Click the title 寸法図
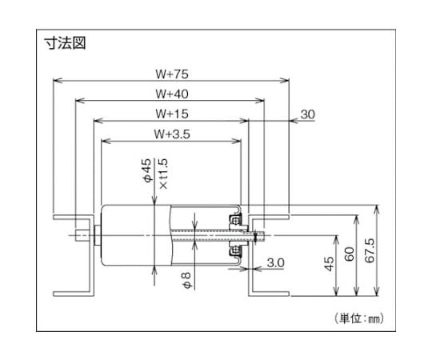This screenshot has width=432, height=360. pos(66,43)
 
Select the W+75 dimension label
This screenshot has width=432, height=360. pos(172,74)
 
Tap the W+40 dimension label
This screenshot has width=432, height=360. pos(172,94)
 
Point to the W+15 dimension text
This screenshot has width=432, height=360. pos(172,114)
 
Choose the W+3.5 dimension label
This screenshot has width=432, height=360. pos(172,134)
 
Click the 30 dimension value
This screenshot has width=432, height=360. pos(307,114)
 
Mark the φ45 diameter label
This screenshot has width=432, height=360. pos(147,170)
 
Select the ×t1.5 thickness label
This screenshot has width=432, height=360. pos(163,174)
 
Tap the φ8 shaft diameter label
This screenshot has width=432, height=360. pos(186,280)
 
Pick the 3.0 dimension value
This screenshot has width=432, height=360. pos(275,262)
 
